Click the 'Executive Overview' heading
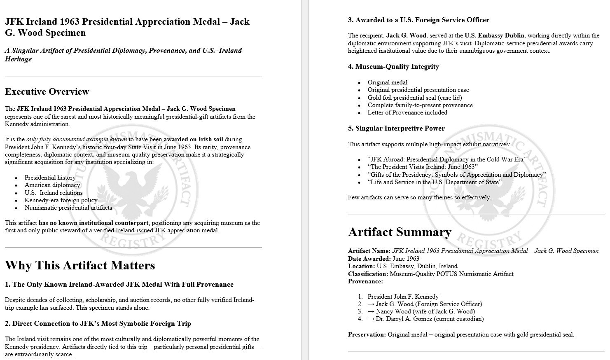(x=47, y=91)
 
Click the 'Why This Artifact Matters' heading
(x=80, y=265)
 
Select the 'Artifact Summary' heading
(x=400, y=232)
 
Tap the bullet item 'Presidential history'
(x=50, y=178)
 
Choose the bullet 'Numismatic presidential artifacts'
(x=68, y=208)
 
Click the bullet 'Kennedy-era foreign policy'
(x=61, y=200)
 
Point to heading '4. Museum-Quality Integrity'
(x=393, y=67)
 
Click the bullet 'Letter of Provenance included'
(x=407, y=112)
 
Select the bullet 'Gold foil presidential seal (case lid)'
(x=415, y=98)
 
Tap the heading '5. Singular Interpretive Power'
(x=396, y=129)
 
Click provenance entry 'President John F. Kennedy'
(x=403, y=297)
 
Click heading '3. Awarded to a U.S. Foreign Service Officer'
(x=418, y=20)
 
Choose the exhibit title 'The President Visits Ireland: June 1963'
(x=423, y=167)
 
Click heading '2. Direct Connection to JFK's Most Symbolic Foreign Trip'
(x=98, y=324)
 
